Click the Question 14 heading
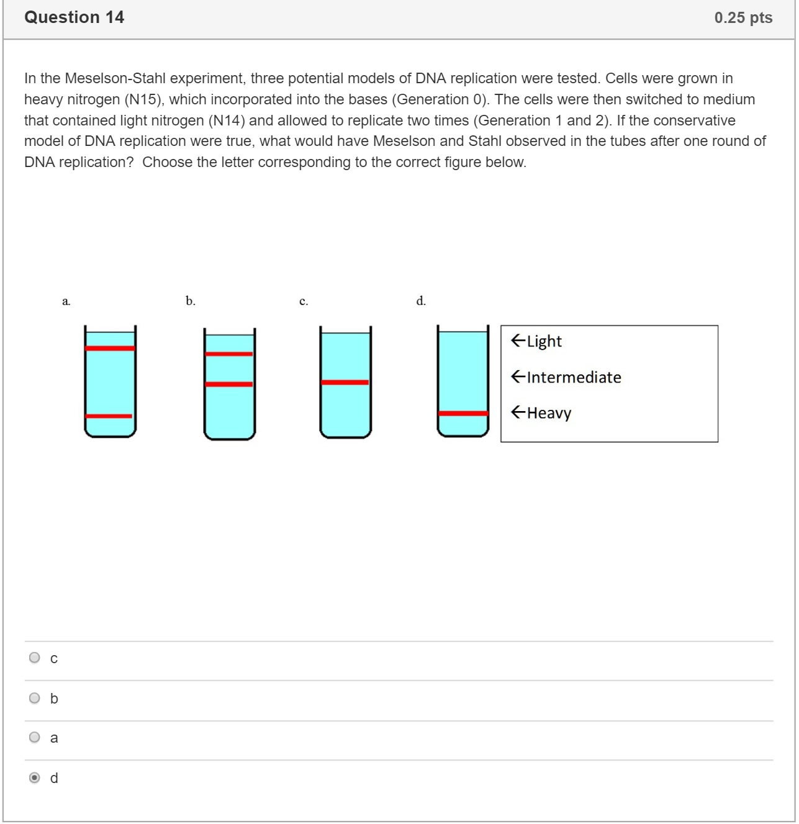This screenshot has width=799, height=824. point(74,17)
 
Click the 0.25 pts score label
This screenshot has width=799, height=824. point(743,18)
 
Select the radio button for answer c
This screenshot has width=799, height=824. point(35,658)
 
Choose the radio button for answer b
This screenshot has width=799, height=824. point(35,698)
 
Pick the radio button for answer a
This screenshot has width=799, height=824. point(35,737)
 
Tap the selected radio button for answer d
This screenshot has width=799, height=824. point(35,777)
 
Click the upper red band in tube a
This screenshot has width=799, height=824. point(110,348)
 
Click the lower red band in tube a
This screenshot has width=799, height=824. point(109,416)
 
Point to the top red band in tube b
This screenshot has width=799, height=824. point(229,354)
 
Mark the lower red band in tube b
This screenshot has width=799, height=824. point(229,384)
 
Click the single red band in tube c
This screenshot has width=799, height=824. point(345,383)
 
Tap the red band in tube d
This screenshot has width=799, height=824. point(463,414)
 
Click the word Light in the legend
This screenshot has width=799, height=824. point(544,342)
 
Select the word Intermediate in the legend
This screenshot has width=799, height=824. point(574,378)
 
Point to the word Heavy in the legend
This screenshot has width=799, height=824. point(549,413)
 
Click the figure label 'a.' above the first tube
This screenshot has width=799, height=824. point(66,302)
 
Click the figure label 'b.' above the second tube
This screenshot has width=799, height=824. point(191,301)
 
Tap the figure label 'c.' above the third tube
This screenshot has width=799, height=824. point(304,302)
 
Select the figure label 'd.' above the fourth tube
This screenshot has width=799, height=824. point(421,301)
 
